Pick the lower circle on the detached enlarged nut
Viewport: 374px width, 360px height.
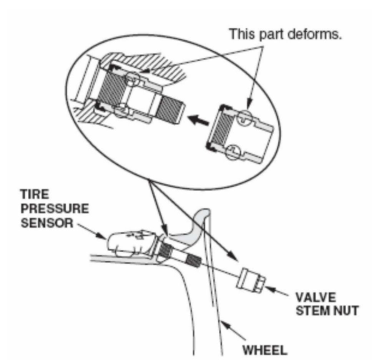click(234, 151)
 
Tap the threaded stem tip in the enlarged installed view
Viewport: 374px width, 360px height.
click(171, 110)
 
